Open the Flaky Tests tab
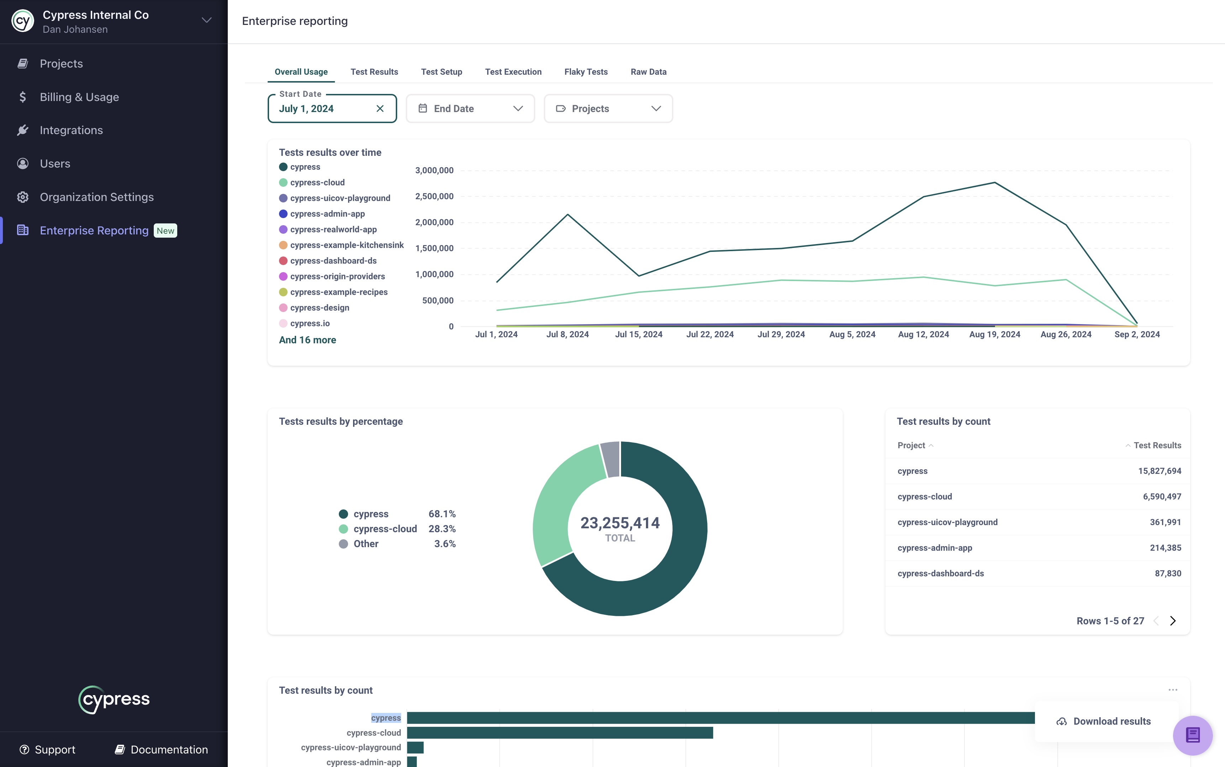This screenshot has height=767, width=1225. [x=585, y=72]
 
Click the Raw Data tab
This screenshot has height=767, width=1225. [x=648, y=72]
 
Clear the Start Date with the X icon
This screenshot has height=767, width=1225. [x=380, y=109]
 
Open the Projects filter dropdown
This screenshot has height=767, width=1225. [x=608, y=109]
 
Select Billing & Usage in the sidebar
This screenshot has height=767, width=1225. [x=79, y=97]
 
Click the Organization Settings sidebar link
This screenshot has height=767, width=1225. [x=96, y=197]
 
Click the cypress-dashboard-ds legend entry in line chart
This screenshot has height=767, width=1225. [x=333, y=261]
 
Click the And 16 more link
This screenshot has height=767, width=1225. [x=307, y=340]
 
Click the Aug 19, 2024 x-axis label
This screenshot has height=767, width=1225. [x=994, y=334]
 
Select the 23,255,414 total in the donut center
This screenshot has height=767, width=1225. [x=620, y=523]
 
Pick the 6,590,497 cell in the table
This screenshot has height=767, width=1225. [x=1162, y=497]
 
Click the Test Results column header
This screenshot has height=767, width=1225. [x=1157, y=445]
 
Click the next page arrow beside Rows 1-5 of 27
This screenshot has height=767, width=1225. [x=1172, y=621]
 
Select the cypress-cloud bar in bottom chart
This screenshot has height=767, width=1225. [x=559, y=732]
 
